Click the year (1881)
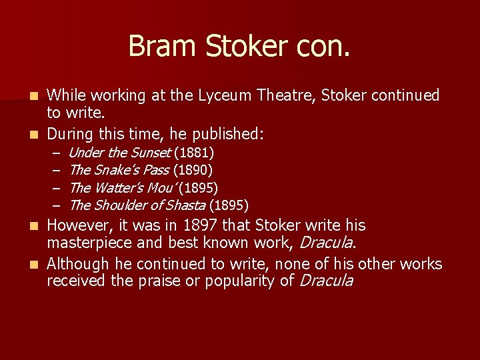click(x=193, y=153)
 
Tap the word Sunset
click(x=149, y=153)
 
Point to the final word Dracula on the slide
click(x=327, y=281)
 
